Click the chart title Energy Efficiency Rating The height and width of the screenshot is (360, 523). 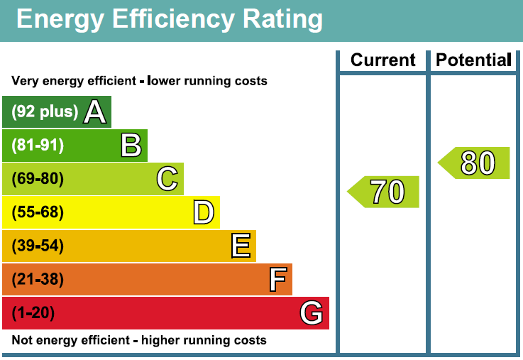pyautogui.click(x=169, y=19)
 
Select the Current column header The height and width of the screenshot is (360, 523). pyautogui.click(x=382, y=60)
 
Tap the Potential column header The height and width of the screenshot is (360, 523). pyautogui.click(x=473, y=60)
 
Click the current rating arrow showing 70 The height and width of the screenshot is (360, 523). pyautogui.click(x=385, y=192)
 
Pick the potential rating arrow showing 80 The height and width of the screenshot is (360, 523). pyautogui.click(x=475, y=163)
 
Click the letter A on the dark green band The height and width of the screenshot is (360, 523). pyautogui.click(x=95, y=111)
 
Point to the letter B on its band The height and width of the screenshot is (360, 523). pyautogui.click(x=131, y=145)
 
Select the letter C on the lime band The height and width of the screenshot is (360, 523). pyautogui.click(x=167, y=178)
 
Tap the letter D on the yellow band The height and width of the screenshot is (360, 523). pyautogui.click(x=204, y=212)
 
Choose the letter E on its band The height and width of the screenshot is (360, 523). pyautogui.click(x=241, y=246)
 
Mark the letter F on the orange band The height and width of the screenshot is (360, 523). pyautogui.click(x=277, y=279)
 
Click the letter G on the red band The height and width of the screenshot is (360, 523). pyautogui.click(x=312, y=312)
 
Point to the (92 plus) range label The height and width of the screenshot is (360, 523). pyautogui.click(x=45, y=111)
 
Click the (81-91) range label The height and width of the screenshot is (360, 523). pyautogui.click(x=38, y=145)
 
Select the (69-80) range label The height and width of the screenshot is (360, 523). pyautogui.click(x=38, y=178)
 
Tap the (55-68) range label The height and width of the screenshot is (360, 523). pyautogui.click(x=38, y=212)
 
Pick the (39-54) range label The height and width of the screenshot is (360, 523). pyautogui.click(x=38, y=246)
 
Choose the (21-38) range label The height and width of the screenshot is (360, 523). pyautogui.click(x=38, y=279)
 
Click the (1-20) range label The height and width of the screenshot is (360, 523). pyautogui.click(x=33, y=312)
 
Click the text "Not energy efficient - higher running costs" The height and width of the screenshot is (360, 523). pyautogui.click(x=139, y=340)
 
